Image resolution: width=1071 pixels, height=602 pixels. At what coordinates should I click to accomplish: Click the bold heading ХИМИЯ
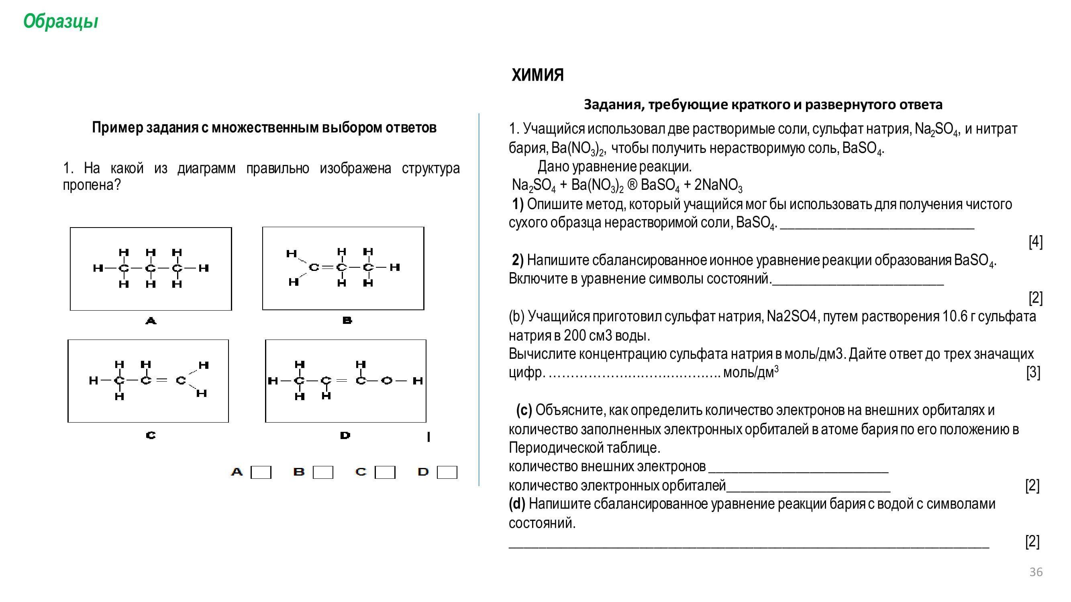(537, 75)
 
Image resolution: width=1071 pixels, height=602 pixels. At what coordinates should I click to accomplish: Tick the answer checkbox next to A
(261, 472)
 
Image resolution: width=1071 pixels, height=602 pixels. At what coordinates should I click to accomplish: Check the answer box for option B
(322, 472)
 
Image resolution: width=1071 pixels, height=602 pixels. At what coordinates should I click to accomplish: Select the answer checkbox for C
(385, 472)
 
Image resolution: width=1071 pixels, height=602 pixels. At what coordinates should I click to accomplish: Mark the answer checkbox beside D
(447, 472)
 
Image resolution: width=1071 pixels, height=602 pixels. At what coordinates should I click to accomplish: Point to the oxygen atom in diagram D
(386, 380)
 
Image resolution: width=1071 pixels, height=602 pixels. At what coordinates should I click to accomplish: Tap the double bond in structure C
(163, 380)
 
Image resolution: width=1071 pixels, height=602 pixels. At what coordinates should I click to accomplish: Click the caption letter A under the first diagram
(151, 321)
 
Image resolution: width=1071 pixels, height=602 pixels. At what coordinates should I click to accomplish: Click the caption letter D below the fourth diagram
(345, 435)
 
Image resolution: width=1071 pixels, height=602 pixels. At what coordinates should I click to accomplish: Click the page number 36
(1036, 572)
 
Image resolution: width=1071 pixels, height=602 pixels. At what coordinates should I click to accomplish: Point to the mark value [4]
(1035, 241)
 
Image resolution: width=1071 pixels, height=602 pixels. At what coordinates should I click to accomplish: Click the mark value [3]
(1033, 372)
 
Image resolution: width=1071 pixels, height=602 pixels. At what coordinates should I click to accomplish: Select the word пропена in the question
(88, 185)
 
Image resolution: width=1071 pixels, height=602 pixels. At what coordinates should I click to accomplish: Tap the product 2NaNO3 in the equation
(718, 185)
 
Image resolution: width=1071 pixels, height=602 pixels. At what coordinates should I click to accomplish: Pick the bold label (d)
(517, 504)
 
